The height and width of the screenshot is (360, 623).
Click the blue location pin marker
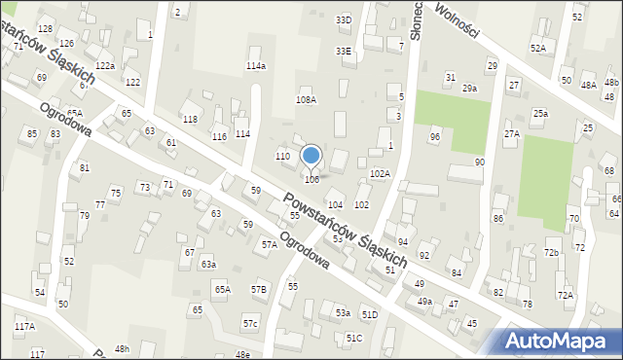311,156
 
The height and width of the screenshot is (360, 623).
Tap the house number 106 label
311,179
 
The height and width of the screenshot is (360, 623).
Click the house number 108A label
306,100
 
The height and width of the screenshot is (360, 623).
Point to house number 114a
256,66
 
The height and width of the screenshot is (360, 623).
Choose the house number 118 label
190,119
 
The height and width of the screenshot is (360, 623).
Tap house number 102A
380,173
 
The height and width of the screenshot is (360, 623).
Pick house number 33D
343,19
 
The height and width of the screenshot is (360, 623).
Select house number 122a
105,66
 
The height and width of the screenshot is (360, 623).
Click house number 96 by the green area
435,137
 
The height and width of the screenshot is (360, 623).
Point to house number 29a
469,89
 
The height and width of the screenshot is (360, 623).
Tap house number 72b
552,253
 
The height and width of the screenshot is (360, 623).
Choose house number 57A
269,245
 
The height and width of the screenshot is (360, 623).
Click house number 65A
223,289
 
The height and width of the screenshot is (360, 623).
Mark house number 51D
369,314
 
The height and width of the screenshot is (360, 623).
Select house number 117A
24,326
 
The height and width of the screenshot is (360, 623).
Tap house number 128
45,30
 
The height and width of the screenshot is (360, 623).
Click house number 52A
538,48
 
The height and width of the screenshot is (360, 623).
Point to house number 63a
208,264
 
